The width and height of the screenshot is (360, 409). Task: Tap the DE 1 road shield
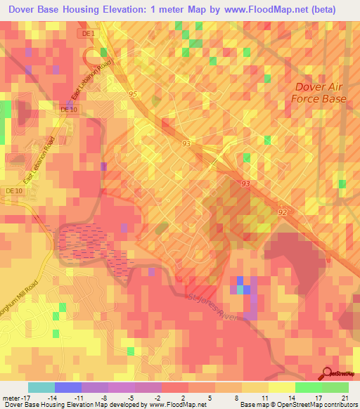(84, 33)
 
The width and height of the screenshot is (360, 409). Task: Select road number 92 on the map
(282, 211)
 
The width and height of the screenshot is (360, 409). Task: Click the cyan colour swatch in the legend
(41, 387)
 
